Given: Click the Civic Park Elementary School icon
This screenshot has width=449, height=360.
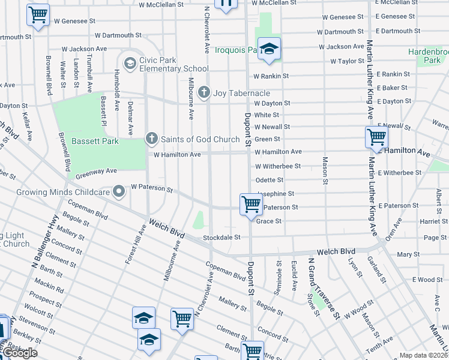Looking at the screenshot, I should (130, 63).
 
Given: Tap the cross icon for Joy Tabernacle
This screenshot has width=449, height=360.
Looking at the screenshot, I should (204, 93).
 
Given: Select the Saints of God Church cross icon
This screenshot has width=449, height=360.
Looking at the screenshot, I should (152, 139).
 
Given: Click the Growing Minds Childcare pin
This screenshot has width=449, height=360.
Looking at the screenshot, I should (119, 192).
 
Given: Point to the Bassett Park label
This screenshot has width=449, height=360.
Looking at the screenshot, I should (95, 141).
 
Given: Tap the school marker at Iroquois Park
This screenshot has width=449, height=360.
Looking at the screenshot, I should (270, 49).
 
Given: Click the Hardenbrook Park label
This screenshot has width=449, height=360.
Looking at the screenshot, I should (428, 56).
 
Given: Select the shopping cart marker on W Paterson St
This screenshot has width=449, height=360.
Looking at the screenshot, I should (250, 205).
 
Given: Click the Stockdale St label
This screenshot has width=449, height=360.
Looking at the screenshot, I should (221, 238).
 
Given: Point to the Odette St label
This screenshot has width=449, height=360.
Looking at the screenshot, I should (269, 180).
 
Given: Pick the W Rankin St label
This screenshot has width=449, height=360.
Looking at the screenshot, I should (271, 76).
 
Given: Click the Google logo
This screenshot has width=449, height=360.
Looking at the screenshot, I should (20, 353).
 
